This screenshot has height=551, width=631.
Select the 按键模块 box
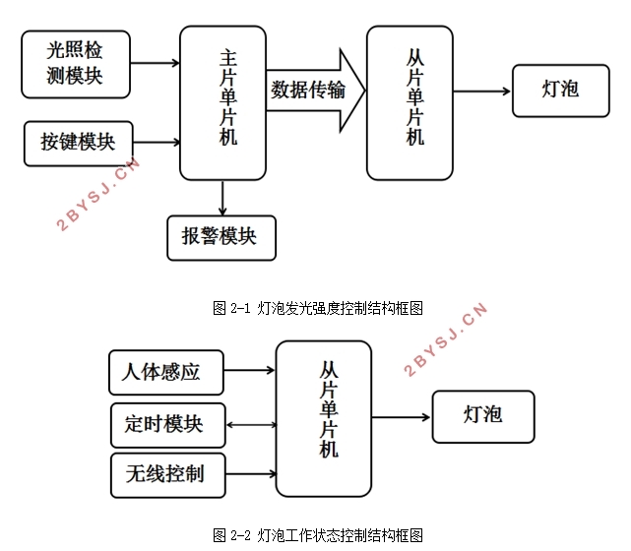click(77, 142)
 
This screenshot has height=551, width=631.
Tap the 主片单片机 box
click(223, 102)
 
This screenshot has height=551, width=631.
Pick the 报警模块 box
click(221, 236)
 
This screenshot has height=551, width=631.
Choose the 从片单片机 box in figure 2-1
click(410, 102)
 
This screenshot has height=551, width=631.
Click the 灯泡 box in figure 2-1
click(560, 91)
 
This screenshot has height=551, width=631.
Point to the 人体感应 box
click(165, 372)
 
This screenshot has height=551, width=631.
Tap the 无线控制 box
click(166, 473)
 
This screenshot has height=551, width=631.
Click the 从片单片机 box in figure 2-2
click(323, 414)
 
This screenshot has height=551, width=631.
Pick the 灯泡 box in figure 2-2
click(482, 415)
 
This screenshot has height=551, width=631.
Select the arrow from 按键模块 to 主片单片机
click(155, 142)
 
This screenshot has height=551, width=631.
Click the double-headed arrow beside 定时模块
click(251, 424)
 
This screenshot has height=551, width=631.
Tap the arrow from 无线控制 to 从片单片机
click(251, 474)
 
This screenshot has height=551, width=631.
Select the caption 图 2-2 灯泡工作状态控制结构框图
click(317, 535)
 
